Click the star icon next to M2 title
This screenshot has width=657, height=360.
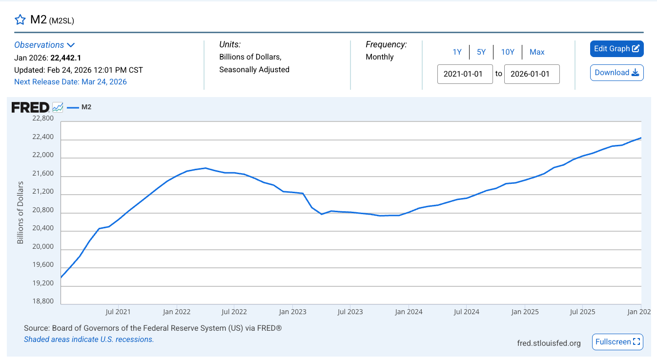click(20, 20)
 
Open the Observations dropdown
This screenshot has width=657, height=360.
click(44, 45)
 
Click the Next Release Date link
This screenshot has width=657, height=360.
click(70, 81)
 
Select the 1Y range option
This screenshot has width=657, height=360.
click(457, 52)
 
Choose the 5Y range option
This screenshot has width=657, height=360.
click(481, 52)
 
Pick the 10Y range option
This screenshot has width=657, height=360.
click(508, 52)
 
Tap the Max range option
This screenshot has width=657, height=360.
click(537, 52)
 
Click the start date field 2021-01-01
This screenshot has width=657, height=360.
click(465, 74)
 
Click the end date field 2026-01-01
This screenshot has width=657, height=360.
click(532, 74)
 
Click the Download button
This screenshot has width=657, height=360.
click(616, 73)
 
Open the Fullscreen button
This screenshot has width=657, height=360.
click(617, 342)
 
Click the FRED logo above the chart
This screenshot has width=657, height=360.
click(30, 107)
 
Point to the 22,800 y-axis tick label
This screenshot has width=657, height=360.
click(42, 119)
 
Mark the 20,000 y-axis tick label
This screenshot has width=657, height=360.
click(42, 246)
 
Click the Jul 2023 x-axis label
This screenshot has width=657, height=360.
click(350, 311)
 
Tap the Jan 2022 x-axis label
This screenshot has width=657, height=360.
click(176, 311)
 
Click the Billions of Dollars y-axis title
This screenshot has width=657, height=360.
click(20, 212)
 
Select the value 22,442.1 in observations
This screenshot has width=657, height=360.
click(65, 58)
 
